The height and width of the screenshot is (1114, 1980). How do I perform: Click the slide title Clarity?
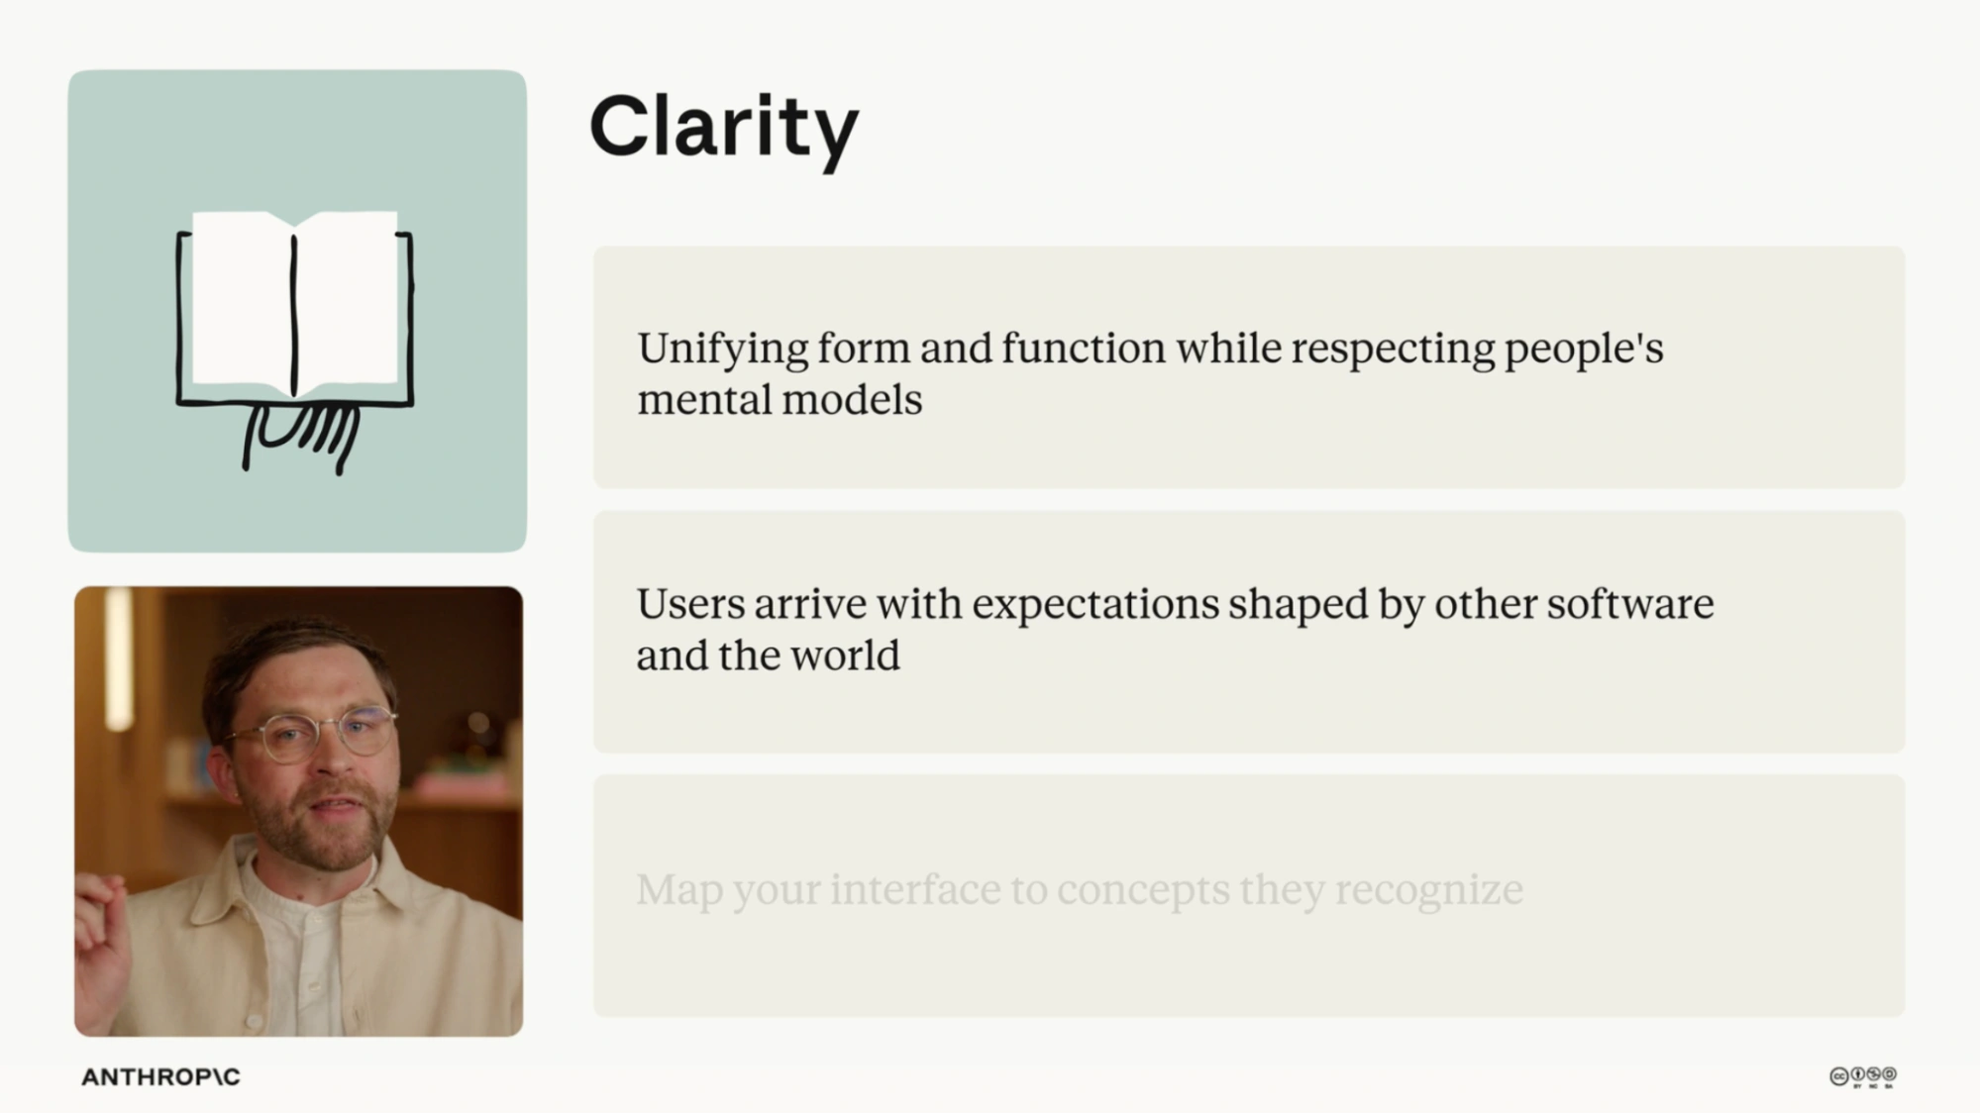point(724,129)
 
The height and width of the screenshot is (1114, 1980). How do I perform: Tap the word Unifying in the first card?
point(723,350)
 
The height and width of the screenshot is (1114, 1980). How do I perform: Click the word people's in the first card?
point(1584,350)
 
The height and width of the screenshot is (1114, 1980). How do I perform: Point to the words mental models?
point(780,400)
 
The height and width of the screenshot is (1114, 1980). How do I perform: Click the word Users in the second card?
point(690,604)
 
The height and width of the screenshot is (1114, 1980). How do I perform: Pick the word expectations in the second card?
point(1094,605)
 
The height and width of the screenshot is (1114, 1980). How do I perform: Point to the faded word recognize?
point(1428,890)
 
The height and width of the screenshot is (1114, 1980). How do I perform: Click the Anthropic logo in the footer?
point(160,1076)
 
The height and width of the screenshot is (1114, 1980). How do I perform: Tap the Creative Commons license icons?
point(1863,1076)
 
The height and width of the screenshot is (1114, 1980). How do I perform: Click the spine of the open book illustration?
point(294,316)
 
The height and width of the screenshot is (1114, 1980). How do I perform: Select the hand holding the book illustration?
point(300,437)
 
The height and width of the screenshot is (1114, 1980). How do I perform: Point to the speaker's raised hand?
point(101,952)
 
